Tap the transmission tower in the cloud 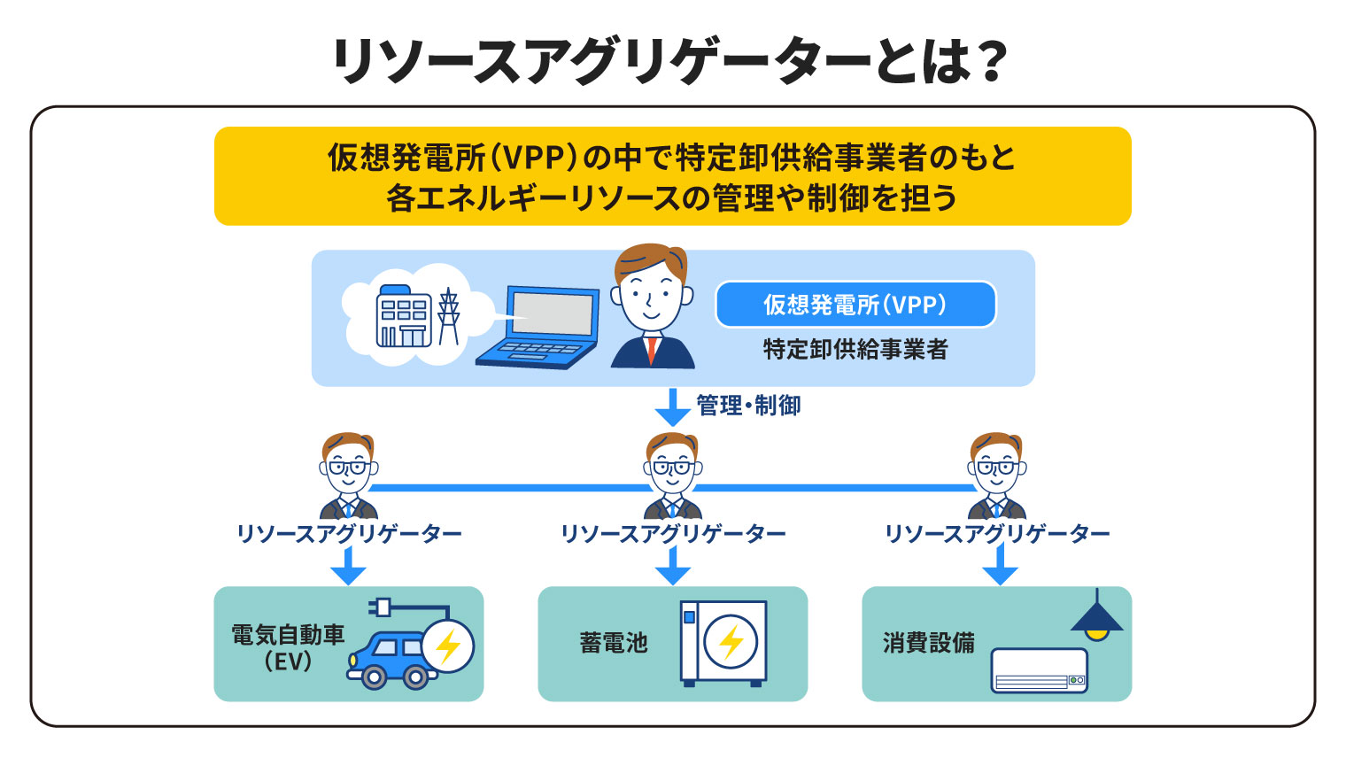coord(449,315)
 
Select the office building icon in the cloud coord(404,315)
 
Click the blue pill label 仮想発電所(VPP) coord(855,305)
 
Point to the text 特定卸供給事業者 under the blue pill coord(855,350)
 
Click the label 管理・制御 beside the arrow coord(748,406)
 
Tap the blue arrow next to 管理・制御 coord(672,406)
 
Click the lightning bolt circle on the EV coord(448,646)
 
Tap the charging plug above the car coord(381,607)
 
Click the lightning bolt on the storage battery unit coord(731,642)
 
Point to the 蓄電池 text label coord(614,643)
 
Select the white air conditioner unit coord(1039,670)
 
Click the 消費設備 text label coord(928,643)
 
